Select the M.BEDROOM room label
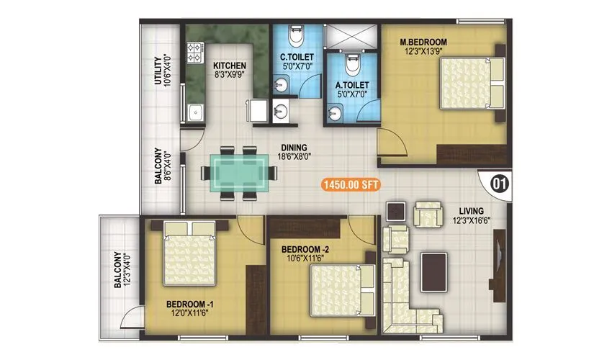tap(423, 41)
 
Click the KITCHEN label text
tap(229, 65)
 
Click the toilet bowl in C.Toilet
tap(294, 36)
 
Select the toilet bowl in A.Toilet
tap(351, 66)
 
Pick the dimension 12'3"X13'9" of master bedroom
tap(424, 50)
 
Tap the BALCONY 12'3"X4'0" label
tap(122, 270)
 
